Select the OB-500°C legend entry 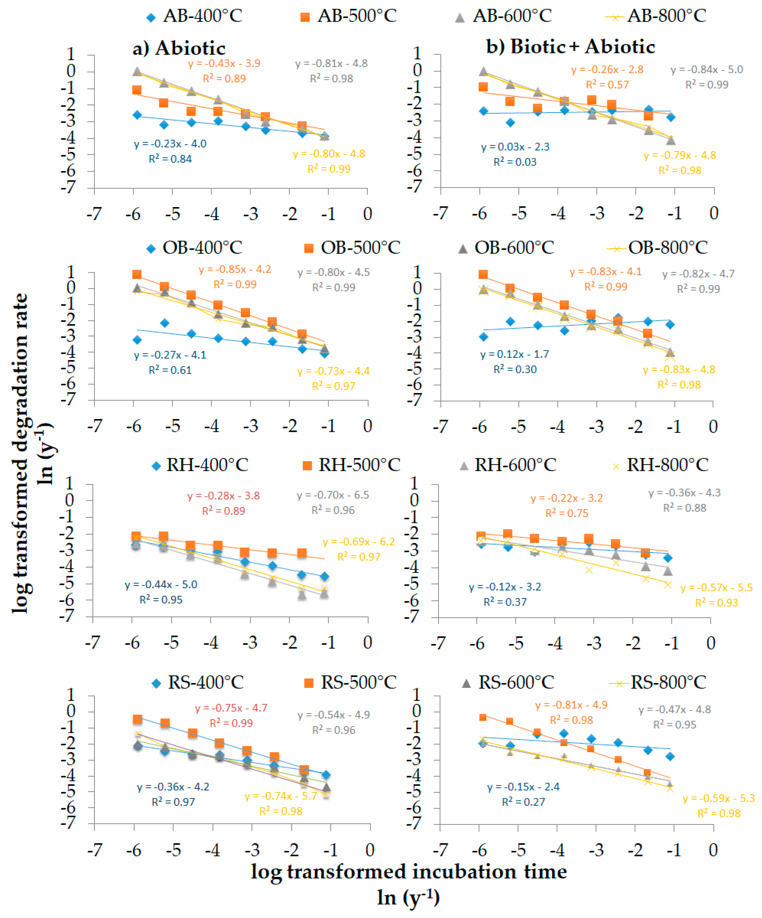[x=352, y=248]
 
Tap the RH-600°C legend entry [x=508, y=465]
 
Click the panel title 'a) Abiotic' [x=179, y=48]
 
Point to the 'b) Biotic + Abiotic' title [x=570, y=47]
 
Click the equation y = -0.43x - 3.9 [x=224, y=63]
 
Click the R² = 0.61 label [x=170, y=370]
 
